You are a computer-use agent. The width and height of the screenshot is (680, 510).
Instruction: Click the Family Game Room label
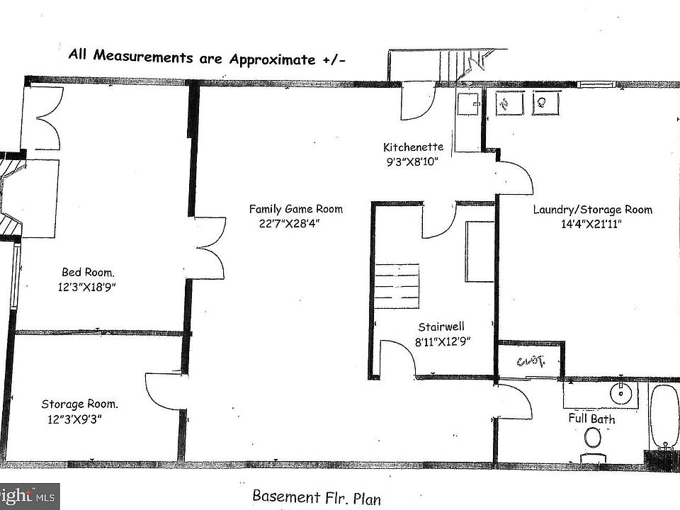(x=295, y=209)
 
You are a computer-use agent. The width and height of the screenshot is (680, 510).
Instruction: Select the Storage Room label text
(x=79, y=404)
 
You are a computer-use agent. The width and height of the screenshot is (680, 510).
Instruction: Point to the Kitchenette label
(x=413, y=147)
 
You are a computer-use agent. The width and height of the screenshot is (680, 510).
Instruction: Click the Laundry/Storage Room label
(x=592, y=210)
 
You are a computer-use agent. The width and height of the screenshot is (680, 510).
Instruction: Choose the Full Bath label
(x=591, y=419)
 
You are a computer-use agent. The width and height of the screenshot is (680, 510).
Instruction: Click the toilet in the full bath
(x=593, y=442)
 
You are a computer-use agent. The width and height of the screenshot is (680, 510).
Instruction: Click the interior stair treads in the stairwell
(x=397, y=284)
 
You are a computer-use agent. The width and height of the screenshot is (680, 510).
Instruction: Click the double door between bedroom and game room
(x=210, y=248)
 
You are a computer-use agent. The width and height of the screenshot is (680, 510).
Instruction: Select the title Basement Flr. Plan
(x=316, y=497)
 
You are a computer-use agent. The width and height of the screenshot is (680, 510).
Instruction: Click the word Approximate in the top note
(x=272, y=59)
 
